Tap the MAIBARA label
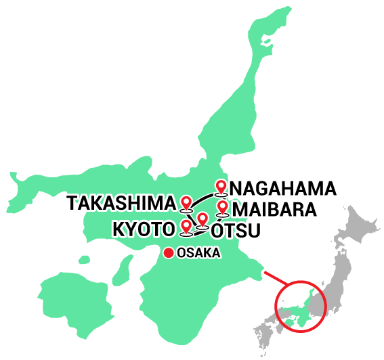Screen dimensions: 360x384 coord(274,209)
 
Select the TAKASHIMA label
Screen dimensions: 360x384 coord(121,202)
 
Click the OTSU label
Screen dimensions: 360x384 coord(235,231)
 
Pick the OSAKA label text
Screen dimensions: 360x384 coord(198,253)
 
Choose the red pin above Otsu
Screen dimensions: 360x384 coord(202,219)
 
